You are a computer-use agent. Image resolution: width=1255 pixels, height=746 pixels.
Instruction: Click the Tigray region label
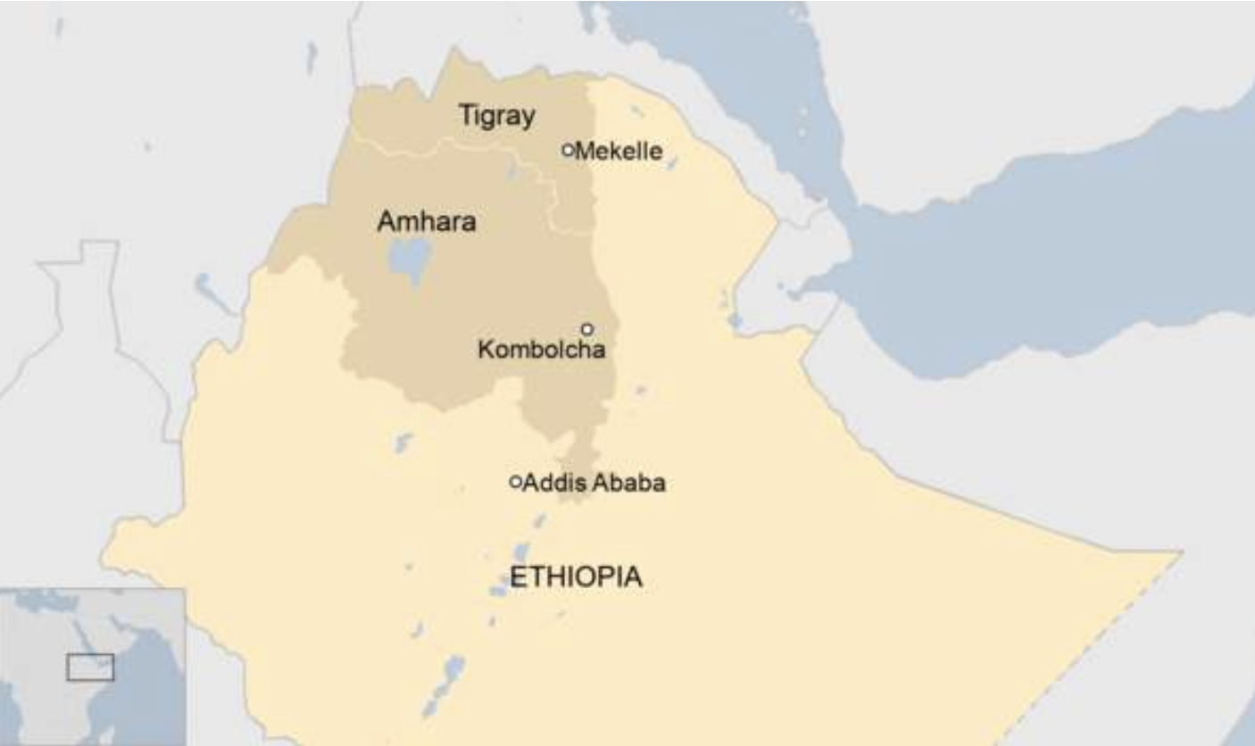pyautogui.click(x=497, y=116)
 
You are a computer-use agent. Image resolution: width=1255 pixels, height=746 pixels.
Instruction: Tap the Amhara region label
pyautogui.click(x=426, y=222)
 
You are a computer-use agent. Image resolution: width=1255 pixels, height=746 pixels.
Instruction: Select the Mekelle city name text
pyautogui.click(x=619, y=152)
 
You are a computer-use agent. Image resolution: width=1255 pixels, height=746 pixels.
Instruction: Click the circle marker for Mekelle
pyautogui.click(x=568, y=150)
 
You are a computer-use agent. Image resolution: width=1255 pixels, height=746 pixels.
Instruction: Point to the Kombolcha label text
pyautogui.click(x=542, y=350)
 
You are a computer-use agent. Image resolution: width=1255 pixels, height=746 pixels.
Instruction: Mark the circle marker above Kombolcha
pyautogui.click(x=587, y=329)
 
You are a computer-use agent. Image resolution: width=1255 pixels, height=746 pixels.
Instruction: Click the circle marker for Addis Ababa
pyautogui.click(x=515, y=482)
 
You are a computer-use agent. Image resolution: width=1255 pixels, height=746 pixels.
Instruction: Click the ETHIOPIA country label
pyautogui.click(x=575, y=577)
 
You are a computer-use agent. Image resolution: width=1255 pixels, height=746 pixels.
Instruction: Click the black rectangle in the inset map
pyautogui.click(x=90, y=667)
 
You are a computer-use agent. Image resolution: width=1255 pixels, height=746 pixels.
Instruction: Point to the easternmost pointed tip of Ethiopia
pyautogui.click(x=1180, y=554)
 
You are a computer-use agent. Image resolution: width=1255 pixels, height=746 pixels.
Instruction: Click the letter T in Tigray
pyautogui.click(x=466, y=115)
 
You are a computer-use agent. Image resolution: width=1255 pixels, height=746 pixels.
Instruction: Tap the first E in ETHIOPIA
pyautogui.click(x=517, y=577)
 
